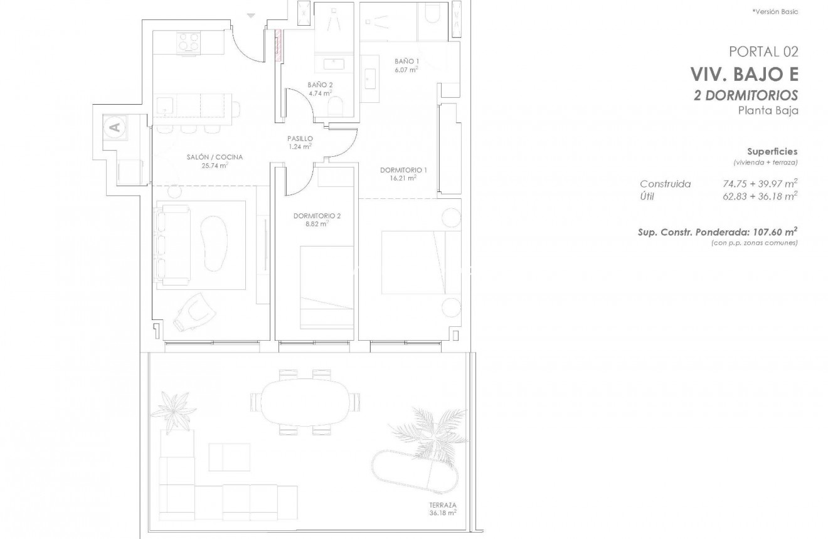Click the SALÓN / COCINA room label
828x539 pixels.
215,157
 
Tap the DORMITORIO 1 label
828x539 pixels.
403,170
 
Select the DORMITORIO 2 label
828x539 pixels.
317,216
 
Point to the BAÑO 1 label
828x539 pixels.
406,61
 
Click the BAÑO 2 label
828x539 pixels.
320,85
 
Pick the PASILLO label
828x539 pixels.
299,139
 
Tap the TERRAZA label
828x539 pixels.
443,504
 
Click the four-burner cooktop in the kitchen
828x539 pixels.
186,41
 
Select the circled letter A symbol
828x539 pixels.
114,127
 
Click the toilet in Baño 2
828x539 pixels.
336,105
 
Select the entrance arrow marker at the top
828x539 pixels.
251,16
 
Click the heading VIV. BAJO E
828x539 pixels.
744,75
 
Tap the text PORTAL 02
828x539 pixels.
763,51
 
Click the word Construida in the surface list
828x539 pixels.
665,184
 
